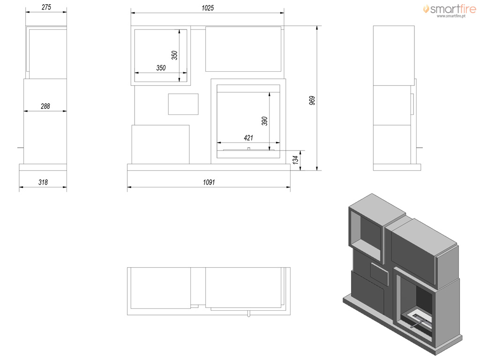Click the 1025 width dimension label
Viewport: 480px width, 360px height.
(x=208, y=8)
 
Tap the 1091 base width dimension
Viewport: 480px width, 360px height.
(x=209, y=182)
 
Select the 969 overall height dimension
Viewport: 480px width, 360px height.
(x=312, y=100)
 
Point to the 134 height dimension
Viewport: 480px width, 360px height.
(x=295, y=160)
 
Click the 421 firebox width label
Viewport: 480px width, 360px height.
(x=248, y=138)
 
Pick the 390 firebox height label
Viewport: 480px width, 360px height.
(x=265, y=121)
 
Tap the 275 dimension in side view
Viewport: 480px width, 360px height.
(x=46, y=7)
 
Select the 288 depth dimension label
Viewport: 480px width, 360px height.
(x=45, y=106)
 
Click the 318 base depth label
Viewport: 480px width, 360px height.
(x=43, y=182)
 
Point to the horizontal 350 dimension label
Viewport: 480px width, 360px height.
(x=161, y=68)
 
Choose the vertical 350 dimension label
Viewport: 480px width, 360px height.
(x=174, y=55)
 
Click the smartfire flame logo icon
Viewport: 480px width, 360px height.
(x=426, y=8)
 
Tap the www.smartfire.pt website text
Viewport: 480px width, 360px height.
(x=451, y=16)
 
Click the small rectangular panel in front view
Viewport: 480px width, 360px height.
(x=183, y=104)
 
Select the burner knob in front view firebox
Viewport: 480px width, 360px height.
(x=248, y=149)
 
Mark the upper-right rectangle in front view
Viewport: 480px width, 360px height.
(x=243, y=49)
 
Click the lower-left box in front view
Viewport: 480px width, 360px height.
(x=160, y=144)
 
